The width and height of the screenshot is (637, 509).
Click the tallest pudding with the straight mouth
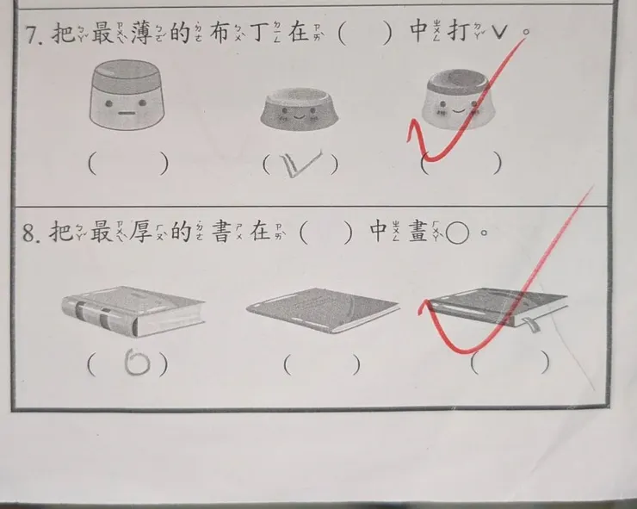tap(127, 95)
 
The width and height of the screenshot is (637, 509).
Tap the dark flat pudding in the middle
tap(300, 109)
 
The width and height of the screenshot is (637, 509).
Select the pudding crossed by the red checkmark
tap(459, 99)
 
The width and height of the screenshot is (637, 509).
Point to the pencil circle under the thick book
tap(138, 362)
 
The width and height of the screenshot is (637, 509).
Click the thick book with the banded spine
tap(133, 311)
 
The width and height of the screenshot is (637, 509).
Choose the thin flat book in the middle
tap(323, 310)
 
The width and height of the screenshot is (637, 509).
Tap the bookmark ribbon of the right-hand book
tap(531, 325)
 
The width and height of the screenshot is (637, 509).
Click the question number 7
tap(33, 34)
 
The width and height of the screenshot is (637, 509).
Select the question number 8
tap(31, 233)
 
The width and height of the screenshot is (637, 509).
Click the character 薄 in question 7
tap(142, 32)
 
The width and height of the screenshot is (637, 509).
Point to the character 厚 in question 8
tap(140, 232)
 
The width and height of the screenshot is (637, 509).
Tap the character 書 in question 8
tap(222, 232)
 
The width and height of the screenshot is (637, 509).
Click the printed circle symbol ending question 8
tap(457, 233)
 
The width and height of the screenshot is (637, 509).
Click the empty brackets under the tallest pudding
tap(128, 164)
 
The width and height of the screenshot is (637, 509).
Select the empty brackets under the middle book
tap(322, 364)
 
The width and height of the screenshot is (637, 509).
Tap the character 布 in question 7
tap(220, 32)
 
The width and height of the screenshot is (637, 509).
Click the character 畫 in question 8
tap(418, 232)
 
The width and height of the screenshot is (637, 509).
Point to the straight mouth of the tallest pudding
tap(127, 114)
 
